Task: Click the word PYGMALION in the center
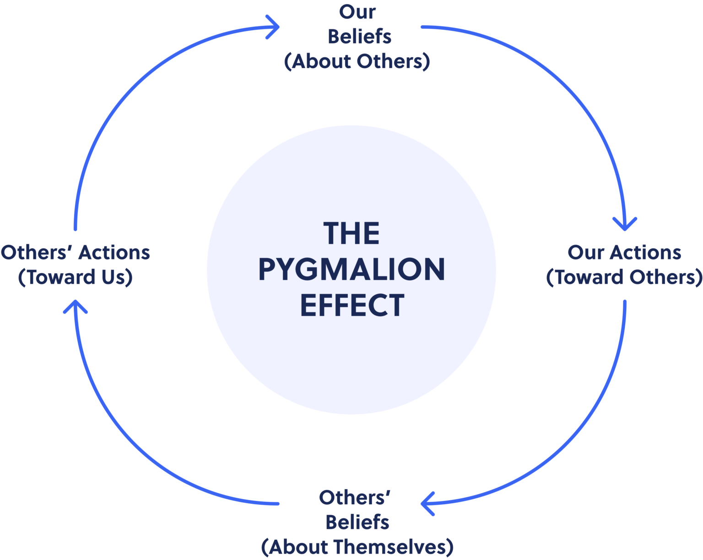point(351,269)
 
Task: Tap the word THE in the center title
point(351,233)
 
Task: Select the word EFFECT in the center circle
point(352,305)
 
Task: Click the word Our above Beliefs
point(357,12)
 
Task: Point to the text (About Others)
point(357,61)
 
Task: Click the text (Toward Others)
point(624,277)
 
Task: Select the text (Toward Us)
point(75,277)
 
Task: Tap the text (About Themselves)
point(357,547)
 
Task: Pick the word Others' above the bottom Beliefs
point(354,498)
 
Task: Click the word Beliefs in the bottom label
point(357,522)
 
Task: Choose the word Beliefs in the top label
point(359,36)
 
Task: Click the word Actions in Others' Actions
point(114,253)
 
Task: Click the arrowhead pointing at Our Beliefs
point(272,27)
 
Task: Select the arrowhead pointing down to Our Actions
point(625,224)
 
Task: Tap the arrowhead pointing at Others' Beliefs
point(427,504)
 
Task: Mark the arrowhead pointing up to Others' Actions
point(75,307)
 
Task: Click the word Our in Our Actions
point(586,253)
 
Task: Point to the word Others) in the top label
point(393,61)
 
